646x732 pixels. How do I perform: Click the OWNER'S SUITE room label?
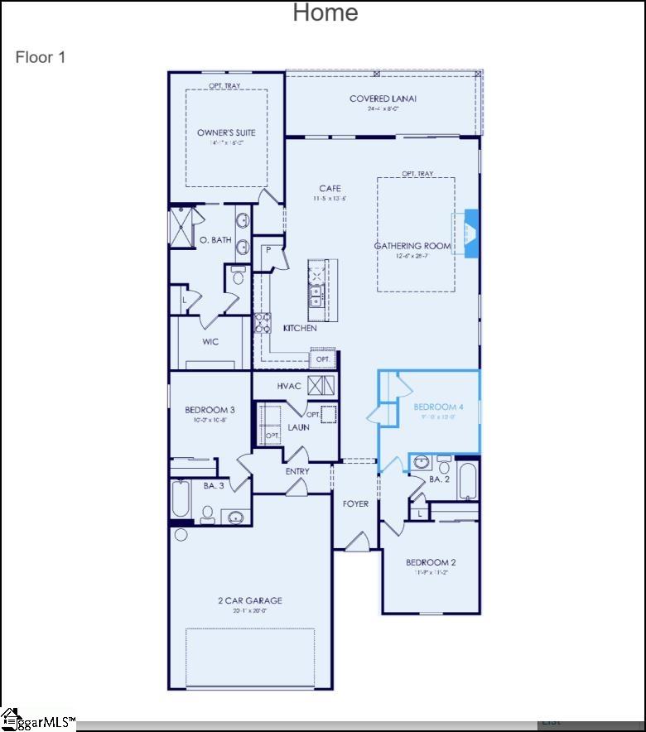(226, 132)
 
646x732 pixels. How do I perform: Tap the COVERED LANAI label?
(383, 99)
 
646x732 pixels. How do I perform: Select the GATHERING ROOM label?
(412, 246)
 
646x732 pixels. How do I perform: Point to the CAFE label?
(330, 189)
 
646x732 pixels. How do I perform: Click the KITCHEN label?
(300, 329)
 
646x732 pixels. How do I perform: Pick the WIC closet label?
(210, 342)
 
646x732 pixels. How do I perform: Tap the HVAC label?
(289, 386)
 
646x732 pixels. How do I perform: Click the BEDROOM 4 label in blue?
(438, 407)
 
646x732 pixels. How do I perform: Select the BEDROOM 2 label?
(431, 563)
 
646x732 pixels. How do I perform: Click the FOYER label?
(356, 504)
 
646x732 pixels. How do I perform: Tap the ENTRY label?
(297, 472)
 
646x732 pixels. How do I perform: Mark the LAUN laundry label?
(299, 427)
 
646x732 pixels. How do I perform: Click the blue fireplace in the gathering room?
(470, 234)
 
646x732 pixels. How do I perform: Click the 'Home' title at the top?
(325, 12)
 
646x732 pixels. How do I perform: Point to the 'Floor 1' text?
(40, 57)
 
